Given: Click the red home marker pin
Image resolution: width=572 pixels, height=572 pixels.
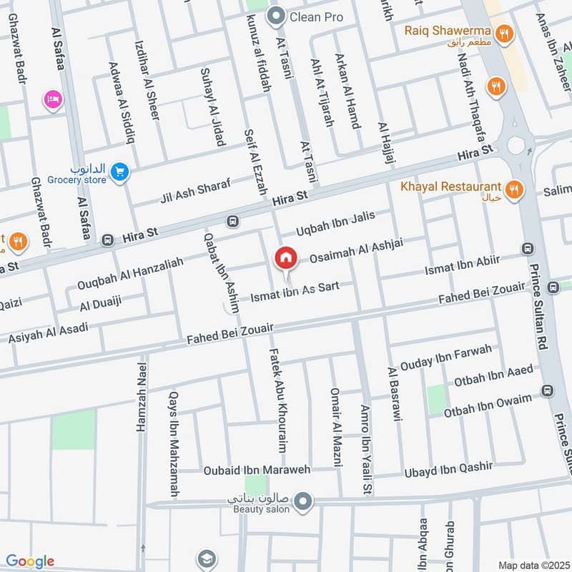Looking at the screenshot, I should pyautogui.click(x=286, y=258).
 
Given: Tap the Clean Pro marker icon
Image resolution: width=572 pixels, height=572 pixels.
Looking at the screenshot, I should pyautogui.click(x=275, y=16).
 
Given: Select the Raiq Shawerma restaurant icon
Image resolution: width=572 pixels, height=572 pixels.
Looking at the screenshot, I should pyautogui.click(x=505, y=32).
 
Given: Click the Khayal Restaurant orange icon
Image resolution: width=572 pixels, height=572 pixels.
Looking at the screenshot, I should pyautogui.click(x=513, y=189).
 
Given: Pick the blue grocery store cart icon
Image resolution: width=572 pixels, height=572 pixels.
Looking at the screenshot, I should pyautogui.click(x=120, y=172).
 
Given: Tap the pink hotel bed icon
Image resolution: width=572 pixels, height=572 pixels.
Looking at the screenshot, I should pyautogui.click(x=52, y=99).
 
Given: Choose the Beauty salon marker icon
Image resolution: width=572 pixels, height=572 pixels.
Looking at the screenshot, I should pyautogui.click(x=302, y=501).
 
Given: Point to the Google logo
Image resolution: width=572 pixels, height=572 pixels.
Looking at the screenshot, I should pyautogui.click(x=30, y=561).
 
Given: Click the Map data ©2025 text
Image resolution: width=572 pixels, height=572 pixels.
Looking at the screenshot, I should pyautogui.click(x=533, y=565).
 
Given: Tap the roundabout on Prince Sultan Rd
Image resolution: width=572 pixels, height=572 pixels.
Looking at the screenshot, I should pyautogui.click(x=516, y=146).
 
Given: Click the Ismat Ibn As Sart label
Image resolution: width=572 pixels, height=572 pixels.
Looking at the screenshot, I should pyautogui.click(x=294, y=292).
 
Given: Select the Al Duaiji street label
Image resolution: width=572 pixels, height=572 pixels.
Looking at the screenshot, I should pyautogui.click(x=101, y=304).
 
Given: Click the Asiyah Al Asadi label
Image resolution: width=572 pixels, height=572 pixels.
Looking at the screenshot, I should pyautogui.click(x=49, y=332).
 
